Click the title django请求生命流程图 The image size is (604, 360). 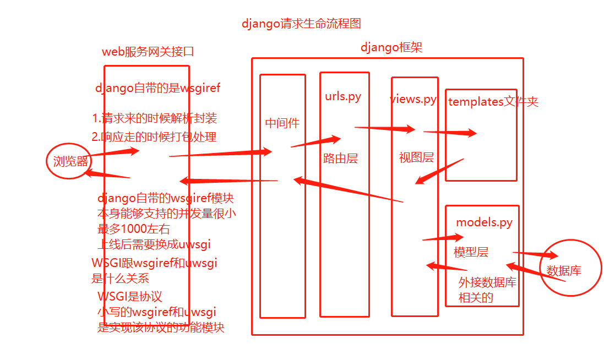pos(301,24)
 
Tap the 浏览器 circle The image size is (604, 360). pos(68,161)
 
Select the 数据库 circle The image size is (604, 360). pos(568,270)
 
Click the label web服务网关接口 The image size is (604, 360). pos(148,52)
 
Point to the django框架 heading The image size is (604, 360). pos(391,47)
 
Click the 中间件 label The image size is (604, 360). pos(282,123)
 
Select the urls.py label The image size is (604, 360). pos(343,96)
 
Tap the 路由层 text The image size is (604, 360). pos(340,159)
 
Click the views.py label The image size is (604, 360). pos(413,99)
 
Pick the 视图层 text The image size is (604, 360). pos(416,157)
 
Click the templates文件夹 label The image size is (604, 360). pos(493,102)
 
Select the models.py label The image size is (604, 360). pos(484,222)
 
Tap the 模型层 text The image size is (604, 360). pos(471,252)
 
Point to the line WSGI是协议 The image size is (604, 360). pos(130,297)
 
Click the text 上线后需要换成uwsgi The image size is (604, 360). pos(154,244)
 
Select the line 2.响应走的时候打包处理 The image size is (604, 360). pos(154,137)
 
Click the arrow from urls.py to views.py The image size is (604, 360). pos(384,129)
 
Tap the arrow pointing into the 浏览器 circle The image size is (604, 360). pos(107,174)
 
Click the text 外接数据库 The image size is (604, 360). pos(487,282)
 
